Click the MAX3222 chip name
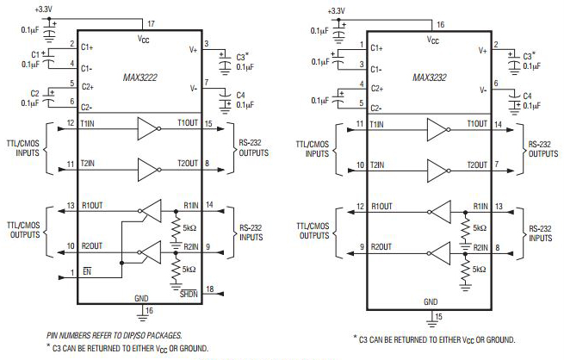[x=151, y=78]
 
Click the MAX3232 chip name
[x=440, y=78]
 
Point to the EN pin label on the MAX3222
[x=88, y=275]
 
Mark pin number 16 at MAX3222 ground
[x=150, y=310]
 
